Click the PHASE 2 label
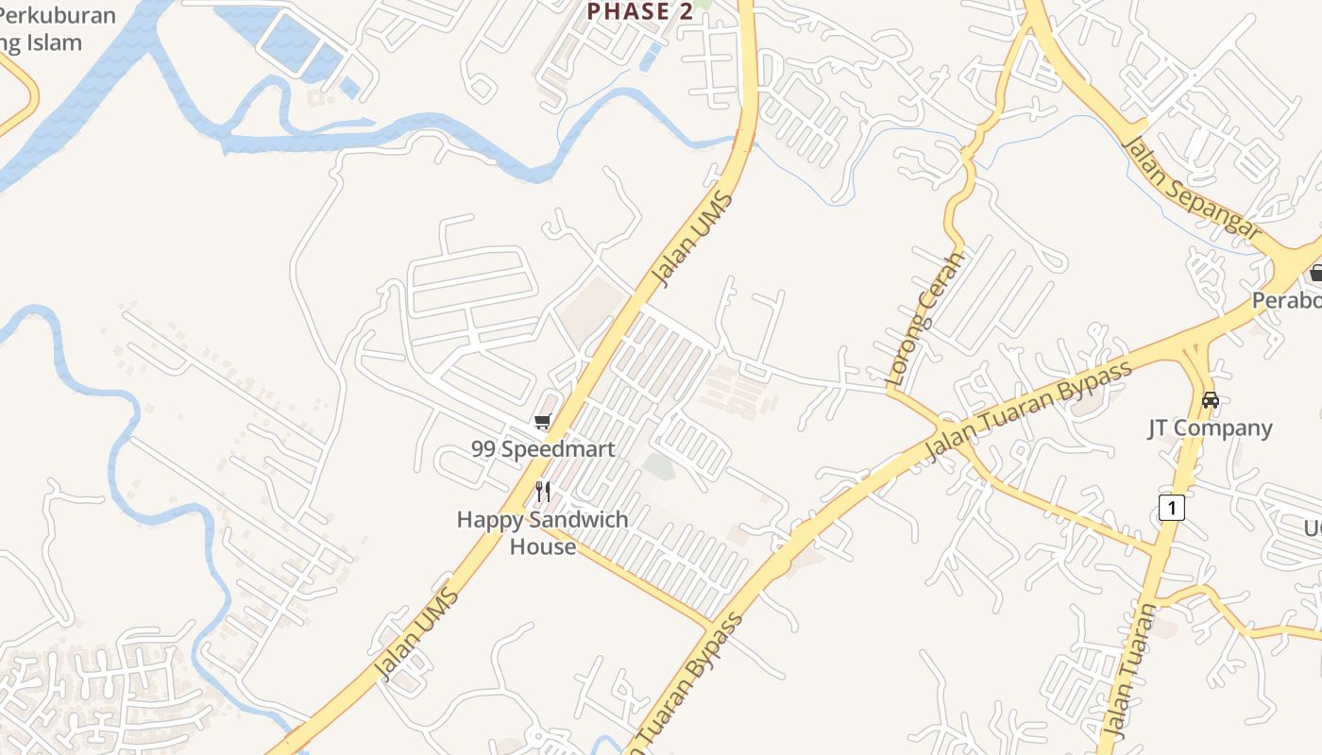(x=640, y=11)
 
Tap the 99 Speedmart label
(x=543, y=449)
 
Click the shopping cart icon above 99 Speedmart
(x=542, y=421)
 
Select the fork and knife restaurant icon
(x=543, y=491)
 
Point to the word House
(x=543, y=546)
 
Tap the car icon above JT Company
(x=1210, y=400)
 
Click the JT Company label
(x=1210, y=428)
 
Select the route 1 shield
(x=1171, y=508)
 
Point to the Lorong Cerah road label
(x=926, y=317)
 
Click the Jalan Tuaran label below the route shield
(x=1128, y=670)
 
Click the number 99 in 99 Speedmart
(x=483, y=449)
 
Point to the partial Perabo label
(x=1286, y=300)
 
